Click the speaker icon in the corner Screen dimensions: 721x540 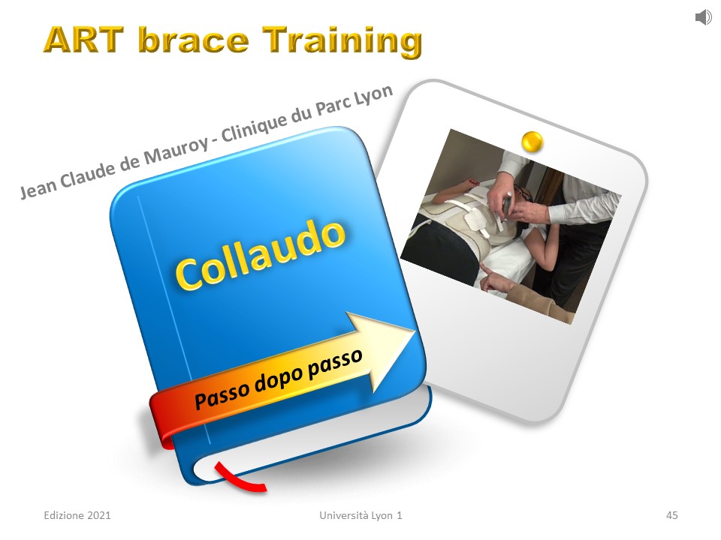703,17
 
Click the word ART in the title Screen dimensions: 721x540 84,40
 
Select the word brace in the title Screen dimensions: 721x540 194,40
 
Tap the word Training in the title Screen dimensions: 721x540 342,41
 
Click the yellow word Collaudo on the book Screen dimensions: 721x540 261,254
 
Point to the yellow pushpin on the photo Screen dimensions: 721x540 532,141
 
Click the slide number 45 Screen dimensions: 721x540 671,515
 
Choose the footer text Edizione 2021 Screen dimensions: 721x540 77,515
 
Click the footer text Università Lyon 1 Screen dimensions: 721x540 360,516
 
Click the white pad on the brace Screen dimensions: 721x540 474,220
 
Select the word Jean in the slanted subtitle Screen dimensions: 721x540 38,187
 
